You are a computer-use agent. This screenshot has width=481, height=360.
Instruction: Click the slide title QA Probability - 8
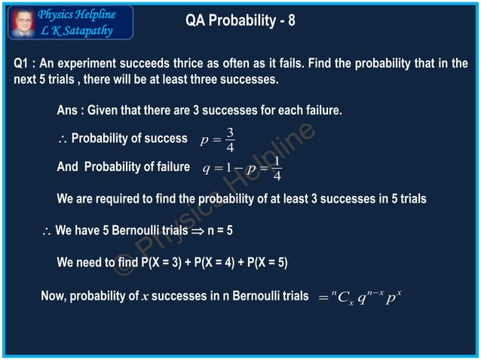(240, 21)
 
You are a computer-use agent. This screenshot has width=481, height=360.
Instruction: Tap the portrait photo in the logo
(22, 22)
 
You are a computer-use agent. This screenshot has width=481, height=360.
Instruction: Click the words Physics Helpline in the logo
(76, 14)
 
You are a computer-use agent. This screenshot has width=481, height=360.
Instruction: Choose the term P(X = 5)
(265, 263)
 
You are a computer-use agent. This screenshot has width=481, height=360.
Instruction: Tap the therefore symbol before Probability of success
(63, 139)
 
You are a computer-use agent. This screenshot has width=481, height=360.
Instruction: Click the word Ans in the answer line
(68, 111)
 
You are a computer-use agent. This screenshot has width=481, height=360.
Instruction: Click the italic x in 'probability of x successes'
(144, 297)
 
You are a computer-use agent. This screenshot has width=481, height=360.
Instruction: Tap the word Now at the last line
(54, 296)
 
